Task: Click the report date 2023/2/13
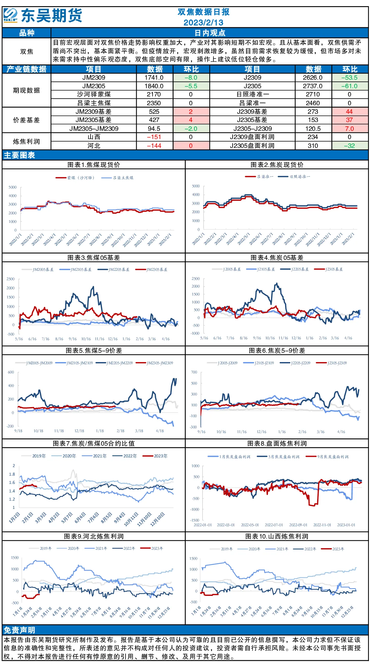click(x=203, y=22)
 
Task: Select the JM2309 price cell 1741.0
click(x=154, y=78)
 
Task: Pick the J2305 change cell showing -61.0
click(x=350, y=86)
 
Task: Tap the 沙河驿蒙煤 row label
click(x=94, y=94)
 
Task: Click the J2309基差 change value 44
click(x=349, y=112)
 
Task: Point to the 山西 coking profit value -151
click(x=154, y=137)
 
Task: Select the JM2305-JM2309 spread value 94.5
click(x=154, y=129)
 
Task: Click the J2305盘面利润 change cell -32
click(x=350, y=146)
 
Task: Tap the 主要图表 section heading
click(x=19, y=155)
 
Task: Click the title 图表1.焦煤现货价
click(x=94, y=165)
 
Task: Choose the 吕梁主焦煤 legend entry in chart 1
click(x=117, y=178)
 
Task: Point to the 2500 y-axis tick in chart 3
click(x=11, y=279)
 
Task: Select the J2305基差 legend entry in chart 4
click(x=328, y=269)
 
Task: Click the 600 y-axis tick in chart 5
click(x=11, y=372)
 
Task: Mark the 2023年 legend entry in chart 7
click(x=155, y=456)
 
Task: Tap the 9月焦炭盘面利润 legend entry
click(x=327, y=457)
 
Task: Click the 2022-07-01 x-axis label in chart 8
click(x=274, y=525)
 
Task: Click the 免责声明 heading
click(x=19, y=630)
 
